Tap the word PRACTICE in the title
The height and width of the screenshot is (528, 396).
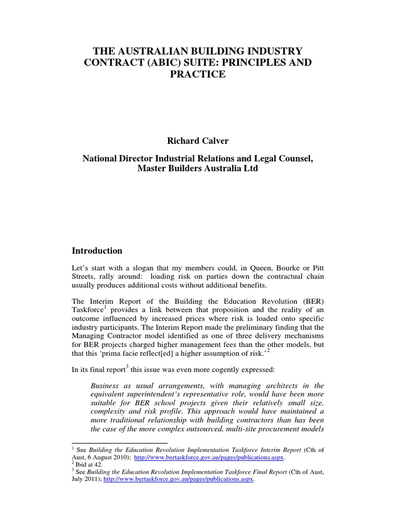[197, 74]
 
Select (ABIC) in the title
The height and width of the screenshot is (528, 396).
[154, 62]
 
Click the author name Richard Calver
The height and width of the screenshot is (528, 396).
[197, 141]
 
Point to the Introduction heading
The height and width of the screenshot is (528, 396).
[97, 251]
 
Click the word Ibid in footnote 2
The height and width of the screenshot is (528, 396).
[82, 465]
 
